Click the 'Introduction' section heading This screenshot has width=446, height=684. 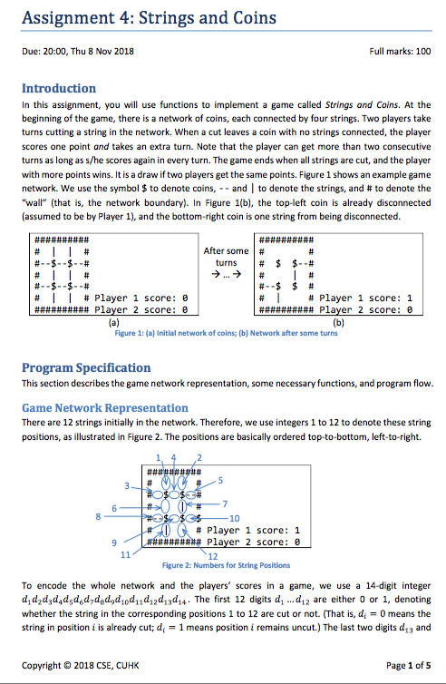point(59,88)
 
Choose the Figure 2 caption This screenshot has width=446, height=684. point(226,564)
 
